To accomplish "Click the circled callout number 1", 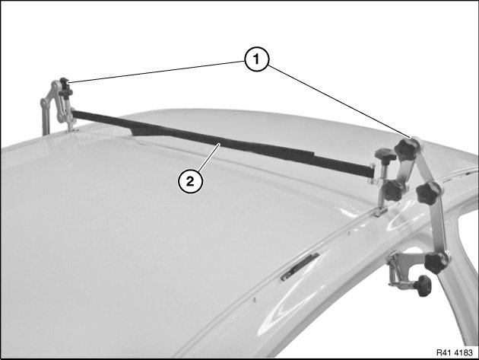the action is click(257, 59).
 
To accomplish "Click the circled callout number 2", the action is click(190, 182).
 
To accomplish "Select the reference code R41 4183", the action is click(454, 352).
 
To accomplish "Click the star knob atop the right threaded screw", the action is click(385, 155).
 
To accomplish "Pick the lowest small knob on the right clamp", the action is click(423, 285).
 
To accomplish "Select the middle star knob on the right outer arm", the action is click(428, 193).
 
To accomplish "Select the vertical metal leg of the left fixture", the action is click(45, 116).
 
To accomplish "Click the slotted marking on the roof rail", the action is click(300, 266).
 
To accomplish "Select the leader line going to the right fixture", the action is click(339, 101).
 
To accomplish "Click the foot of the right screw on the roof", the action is click(379, 211).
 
